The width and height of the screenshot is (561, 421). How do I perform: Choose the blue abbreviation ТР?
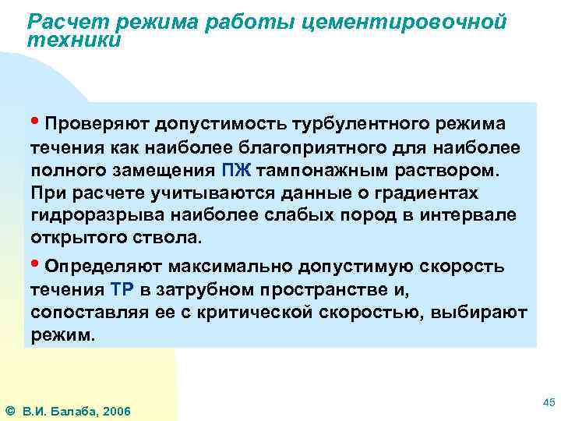tap(123, 289)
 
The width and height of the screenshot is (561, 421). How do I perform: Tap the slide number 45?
tap(547, 402)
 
